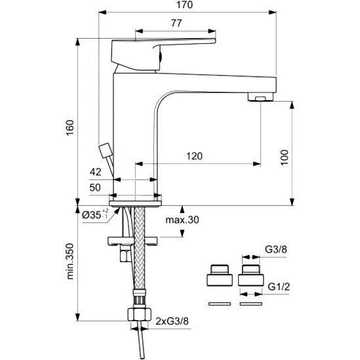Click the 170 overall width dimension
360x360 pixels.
(x=184, y=5)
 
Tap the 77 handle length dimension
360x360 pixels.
(x=176, y=23)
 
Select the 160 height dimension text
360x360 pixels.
(x=70, y=127)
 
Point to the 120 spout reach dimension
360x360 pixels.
(x=194, y=156)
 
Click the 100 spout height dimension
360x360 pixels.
(x=285, y=157)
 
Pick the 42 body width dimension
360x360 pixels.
(x=95, y=172)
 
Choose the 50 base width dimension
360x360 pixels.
(x=95, y=188)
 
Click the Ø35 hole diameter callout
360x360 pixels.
(x=95, y=214)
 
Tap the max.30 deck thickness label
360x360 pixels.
(x=182, y=220)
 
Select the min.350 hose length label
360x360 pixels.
(x=70, y=261)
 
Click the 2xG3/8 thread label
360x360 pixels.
(x=172, y=321)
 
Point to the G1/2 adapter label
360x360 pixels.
(x=279, y=287)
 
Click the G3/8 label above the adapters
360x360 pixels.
(x=276, y=249)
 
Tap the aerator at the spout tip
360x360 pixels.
(x=261, y=96)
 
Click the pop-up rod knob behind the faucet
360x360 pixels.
(x=106, y=150)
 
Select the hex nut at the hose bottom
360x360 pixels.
(x=139, y=314)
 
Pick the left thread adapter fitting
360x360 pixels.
(x=220, y=275)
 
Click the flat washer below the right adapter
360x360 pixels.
(x=251, y=304)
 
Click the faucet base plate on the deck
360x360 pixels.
(x=135, y=203)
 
